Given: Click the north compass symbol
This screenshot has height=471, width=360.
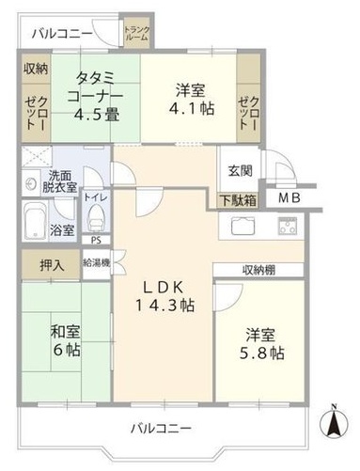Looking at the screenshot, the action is pos(334,422).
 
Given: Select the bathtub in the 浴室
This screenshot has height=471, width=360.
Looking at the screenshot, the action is pos(35,221).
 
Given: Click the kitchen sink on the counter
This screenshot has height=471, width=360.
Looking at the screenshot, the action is pos(243,226).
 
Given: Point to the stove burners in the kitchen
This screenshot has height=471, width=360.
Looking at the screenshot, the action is pos(287,226).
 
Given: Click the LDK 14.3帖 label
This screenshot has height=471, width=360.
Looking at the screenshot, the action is pos(164,297).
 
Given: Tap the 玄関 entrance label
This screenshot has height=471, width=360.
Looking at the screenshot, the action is pos(240,171).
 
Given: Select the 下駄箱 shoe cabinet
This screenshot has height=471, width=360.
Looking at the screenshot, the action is pos(238,200).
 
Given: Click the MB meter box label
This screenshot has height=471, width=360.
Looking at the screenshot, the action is pos(290,197).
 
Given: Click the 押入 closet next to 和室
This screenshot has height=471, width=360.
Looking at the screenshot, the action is pos(51,265).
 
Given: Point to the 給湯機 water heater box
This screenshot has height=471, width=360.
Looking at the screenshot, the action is pos(97,263).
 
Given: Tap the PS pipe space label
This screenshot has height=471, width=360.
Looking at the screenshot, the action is pos(96,241).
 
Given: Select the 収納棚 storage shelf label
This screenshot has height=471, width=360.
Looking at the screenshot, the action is pos(258,270).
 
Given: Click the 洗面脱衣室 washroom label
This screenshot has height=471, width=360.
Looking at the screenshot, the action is pos(59,181).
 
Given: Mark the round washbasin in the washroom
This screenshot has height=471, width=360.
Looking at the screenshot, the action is pos(30,183).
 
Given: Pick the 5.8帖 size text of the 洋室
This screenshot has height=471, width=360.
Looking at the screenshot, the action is pos(262,353).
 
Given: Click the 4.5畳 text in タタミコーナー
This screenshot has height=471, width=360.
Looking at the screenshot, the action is pos(97,115).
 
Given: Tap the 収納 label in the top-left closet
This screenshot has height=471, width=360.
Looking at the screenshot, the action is pos(37,70).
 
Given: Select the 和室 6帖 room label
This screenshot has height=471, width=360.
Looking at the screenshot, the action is pos(66,340).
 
